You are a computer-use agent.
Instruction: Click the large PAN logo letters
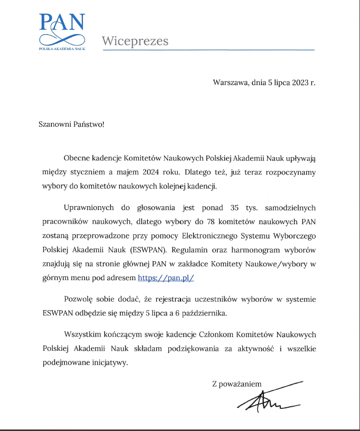[x=62, y=22]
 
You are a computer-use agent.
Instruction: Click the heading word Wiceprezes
[x=135, y=41]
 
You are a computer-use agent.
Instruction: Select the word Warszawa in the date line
[x=230, y=83]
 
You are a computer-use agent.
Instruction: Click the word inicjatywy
[x=110, y=363]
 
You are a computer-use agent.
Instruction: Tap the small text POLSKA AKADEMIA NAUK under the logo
[x=62, y=48]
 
